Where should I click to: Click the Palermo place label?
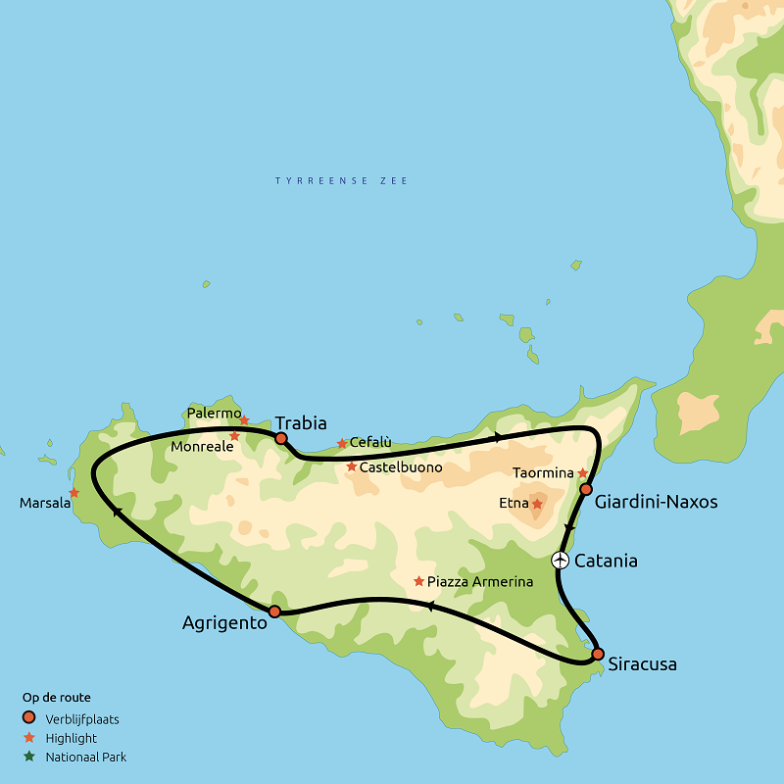[213, 413]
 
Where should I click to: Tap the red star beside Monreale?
[234, 436]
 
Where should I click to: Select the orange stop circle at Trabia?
[281, 438]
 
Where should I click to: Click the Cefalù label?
[370, 443]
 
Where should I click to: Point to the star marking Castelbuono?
[352, 466]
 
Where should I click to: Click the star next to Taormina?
[582, 473]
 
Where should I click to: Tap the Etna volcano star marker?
[537, 504]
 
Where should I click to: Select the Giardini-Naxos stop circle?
[586, 489]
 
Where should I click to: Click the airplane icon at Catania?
[560, 561]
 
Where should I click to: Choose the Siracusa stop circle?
[598, 654]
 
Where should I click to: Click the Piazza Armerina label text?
[480, 582]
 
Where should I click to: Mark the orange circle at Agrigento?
[274, 612]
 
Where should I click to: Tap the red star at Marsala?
[74, 493]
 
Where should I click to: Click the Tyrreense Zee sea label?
[341, 181]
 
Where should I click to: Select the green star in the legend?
[29, 757]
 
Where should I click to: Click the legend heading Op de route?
[57, 698]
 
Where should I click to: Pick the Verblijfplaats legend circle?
[29, 718]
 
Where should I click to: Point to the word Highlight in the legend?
[71, 738]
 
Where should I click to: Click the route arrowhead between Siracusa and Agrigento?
[429, 607]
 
